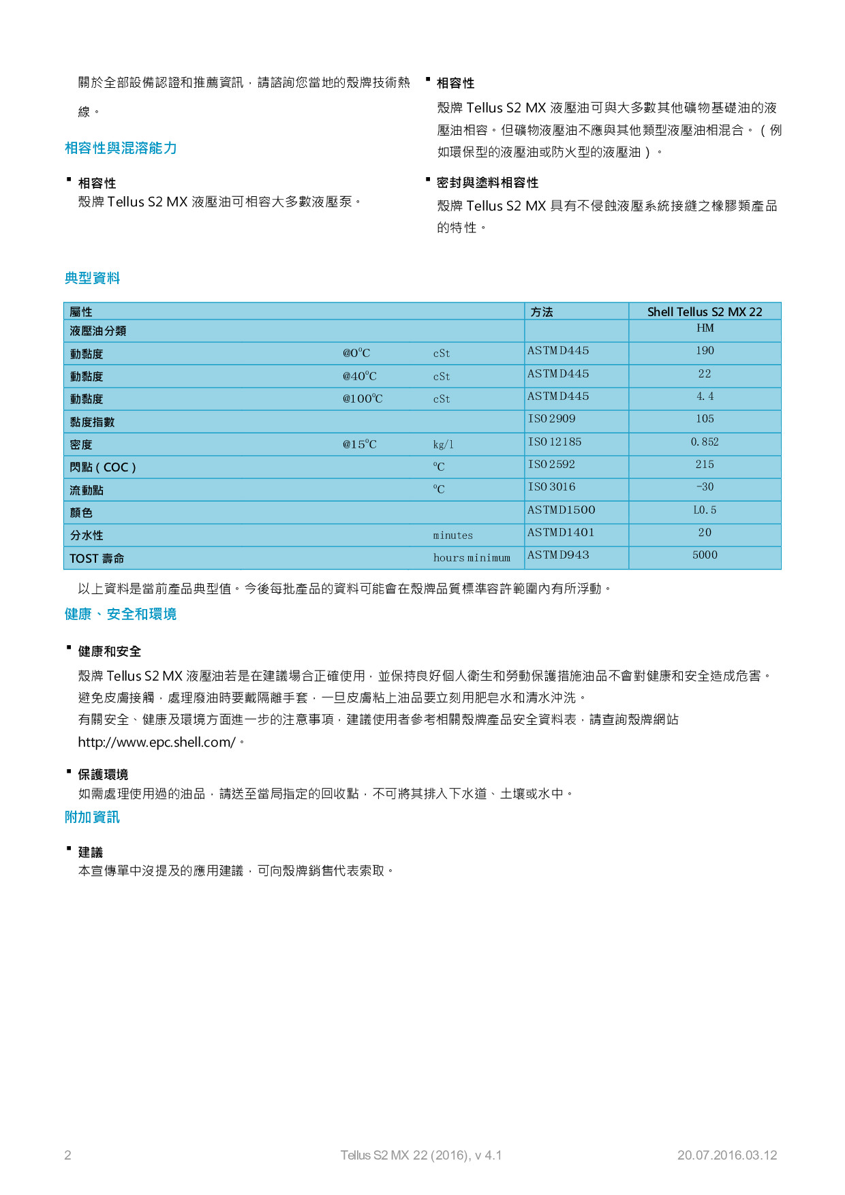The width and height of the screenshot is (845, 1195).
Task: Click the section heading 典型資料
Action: pyautogui.click(x=92, y=278)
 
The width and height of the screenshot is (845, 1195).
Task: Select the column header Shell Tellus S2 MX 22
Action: pyautogui.click(x=704, y=312)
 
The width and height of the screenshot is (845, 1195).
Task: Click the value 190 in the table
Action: pyautogui.click(x=705, y=351)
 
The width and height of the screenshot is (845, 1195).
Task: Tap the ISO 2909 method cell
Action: pyautogui.click(x=551, y=419)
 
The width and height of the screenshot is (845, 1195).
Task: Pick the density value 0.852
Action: pyautogui.click(x=705, y=442)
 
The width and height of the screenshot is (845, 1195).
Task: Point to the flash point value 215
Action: pyautogui.click(x=705, y=465)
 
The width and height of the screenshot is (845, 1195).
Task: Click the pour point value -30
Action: pyautogui.click(x=705, y=487)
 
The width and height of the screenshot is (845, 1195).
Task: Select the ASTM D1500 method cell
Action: pyautogui.click(x=561, y=510)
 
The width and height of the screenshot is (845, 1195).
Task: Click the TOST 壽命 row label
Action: pyautogui.click(x=97, y=559)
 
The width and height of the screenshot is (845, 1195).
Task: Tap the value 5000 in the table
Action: pyautogui.click(x=705, y=555)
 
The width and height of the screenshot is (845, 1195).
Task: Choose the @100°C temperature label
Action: pyautogui.click(x=362, y=399)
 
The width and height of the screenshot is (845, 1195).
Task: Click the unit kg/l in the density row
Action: pyautogui.click(x=443, y=445)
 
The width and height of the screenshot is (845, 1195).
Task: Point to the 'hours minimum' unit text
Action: pyautogui.click(x=472, y=558)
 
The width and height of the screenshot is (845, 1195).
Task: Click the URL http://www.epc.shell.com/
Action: pyautogui.click(x=157, y=743)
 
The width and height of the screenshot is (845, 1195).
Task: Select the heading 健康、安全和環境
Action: pyautogui.click(x=121, y=615)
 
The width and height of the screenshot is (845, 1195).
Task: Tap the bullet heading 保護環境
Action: pyautogui.click(x=103, y=775)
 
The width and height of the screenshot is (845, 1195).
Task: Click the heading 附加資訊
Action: pyautogui.click(x=92, y=818)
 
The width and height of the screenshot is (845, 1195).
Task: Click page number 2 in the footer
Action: pyautogui.click(x=67, y=1155)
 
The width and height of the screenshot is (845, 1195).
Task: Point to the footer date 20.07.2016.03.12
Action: pyautogui.click(x=726, y=1155)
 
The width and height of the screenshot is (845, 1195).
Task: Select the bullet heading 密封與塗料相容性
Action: pyautogui.click(x=487, y=183)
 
